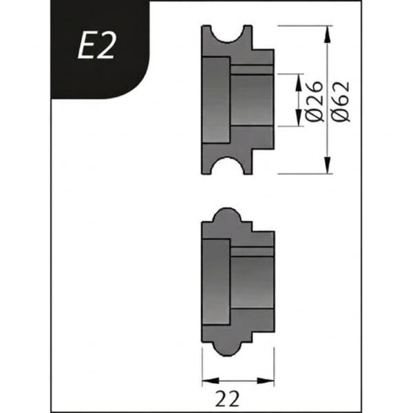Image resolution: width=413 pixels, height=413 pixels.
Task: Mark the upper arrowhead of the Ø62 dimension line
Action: click(x=328, y=33)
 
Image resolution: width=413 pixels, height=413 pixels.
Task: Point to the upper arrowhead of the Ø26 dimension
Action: click(x=299, y=81)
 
